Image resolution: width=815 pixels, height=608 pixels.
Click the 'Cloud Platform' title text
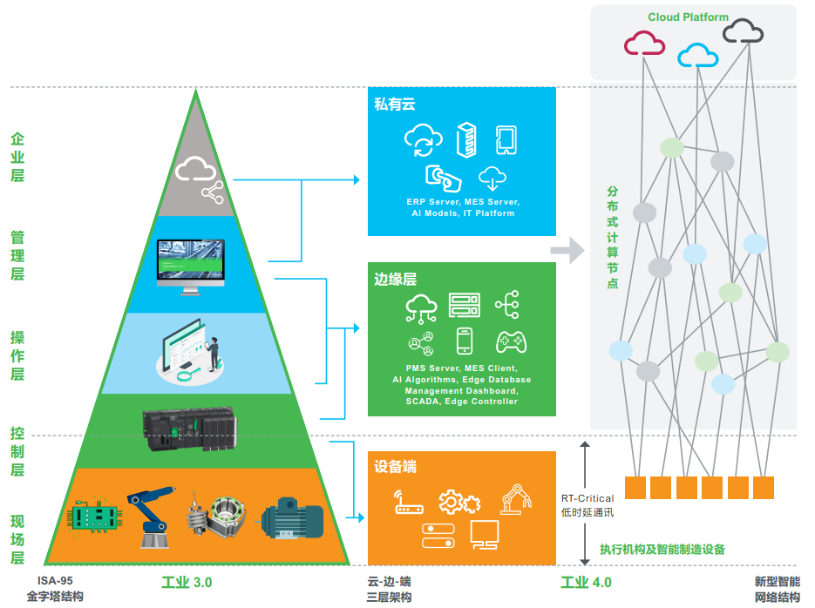click(688, 17)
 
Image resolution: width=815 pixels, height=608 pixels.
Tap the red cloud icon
click(644, 43)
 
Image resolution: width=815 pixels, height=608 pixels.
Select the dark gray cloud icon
click(744, 30)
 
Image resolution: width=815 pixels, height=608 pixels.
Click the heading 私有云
click(395, 105)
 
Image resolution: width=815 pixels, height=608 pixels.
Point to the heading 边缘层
click(395, 280)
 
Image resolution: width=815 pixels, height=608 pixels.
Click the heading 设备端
click(395, 467)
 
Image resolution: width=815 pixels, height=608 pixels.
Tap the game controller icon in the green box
click(511, 342)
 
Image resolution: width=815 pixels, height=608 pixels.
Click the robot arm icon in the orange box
click(516, 499)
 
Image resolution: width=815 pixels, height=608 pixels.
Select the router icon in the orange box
click(409, 502)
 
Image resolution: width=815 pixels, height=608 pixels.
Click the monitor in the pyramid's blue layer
click(191, 267)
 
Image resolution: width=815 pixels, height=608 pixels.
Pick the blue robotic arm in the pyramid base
click(151, 517)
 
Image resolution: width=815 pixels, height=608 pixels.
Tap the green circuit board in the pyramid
click(95, 516)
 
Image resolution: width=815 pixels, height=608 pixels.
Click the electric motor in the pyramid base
click(292, 519)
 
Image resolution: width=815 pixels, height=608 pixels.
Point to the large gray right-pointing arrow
click(567, 250)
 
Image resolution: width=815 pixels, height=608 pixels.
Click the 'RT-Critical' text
click(587, 498)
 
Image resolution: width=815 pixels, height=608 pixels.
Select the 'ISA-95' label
click(55, 581)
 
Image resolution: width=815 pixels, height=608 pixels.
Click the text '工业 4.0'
click(586, 583)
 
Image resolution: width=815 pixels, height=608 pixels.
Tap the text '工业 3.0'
click(187, 583)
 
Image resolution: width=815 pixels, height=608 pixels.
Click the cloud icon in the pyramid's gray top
click(195, 168)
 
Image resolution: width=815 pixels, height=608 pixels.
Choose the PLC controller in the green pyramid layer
click(190, 429)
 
